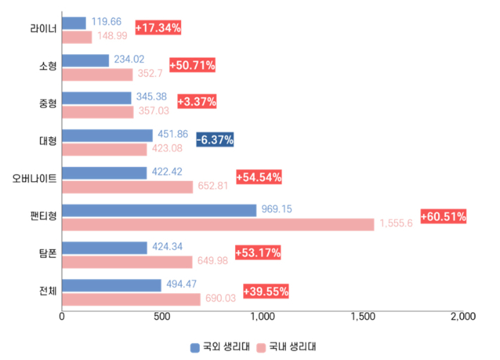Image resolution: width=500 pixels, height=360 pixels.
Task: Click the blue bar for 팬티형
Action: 159,210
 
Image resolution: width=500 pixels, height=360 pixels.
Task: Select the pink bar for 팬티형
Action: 218,224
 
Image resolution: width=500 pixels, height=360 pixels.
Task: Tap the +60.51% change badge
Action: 444,216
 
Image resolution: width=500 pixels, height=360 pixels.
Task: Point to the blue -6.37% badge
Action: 215,139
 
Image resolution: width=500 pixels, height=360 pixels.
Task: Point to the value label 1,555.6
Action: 396,224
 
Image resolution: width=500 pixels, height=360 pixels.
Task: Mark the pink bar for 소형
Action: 97,75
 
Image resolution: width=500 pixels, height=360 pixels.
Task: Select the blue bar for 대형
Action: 107,135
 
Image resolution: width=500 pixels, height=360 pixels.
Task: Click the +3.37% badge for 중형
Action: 196,102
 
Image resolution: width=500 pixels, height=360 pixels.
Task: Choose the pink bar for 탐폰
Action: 127,262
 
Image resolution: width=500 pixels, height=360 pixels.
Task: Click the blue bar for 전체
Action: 111,285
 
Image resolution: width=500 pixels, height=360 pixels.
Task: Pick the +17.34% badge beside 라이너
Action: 158,27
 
